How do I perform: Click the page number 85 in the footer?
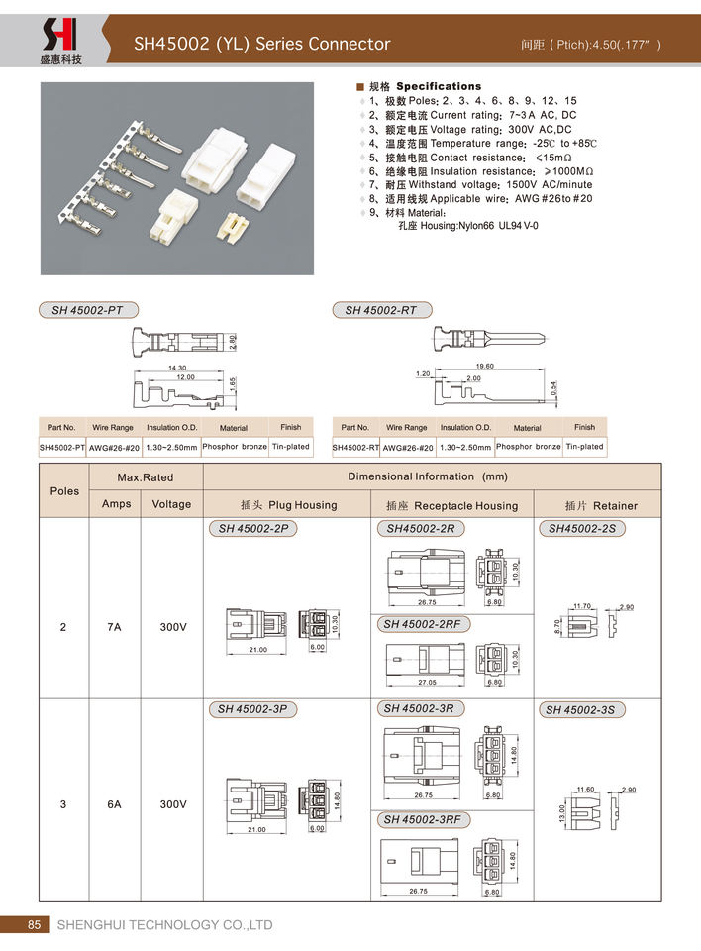coord(34,924)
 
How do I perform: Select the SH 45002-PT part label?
coord(87,310)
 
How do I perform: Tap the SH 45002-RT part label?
coord(380,310)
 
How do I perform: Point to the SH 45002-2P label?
coord(253,529)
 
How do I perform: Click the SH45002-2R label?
coord(421,529)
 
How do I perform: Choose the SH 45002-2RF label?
coord(422,624)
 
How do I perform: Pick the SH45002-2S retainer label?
coord(583,529)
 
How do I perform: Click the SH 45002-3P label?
coord(252,709)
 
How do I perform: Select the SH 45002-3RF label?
coord(422,820)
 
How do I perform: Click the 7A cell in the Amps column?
coord(115,627)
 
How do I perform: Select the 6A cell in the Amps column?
coord(115,804)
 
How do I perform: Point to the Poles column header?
coord(64,490)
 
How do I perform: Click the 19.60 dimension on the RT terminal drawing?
coord(484,366)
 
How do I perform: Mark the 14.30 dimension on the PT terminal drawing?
coord(177,368)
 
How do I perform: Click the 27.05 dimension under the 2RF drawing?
coord(428,683)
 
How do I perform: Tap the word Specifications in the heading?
coord(439,86)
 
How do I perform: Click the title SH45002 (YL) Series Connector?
coord(262,44)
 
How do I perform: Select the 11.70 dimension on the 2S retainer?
coord(582,605)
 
